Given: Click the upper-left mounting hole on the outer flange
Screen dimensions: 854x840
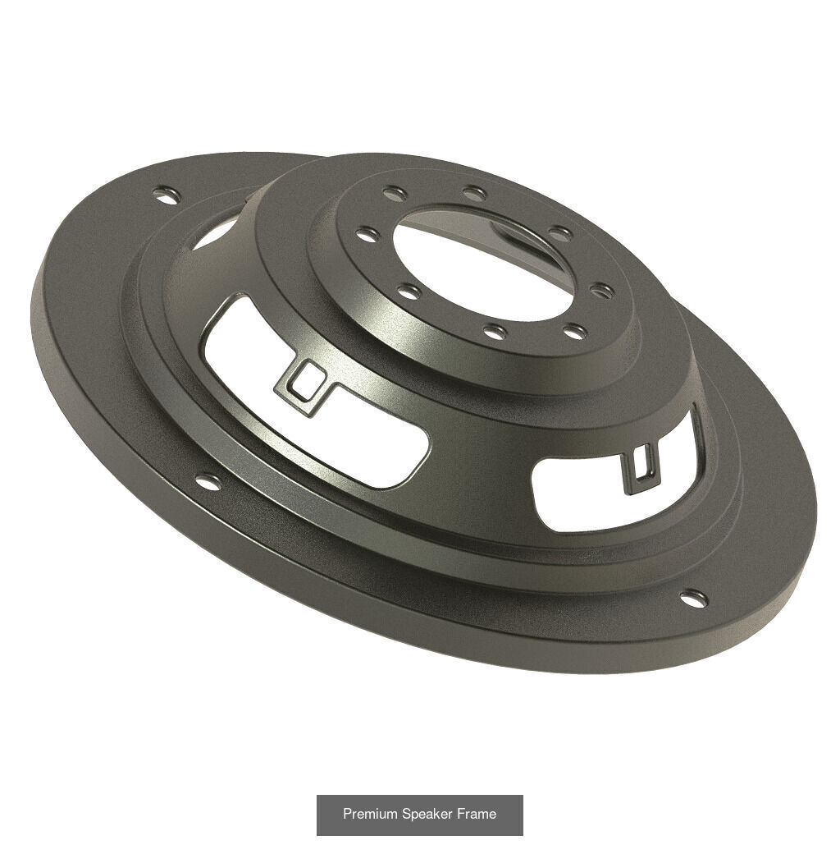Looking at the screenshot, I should coord(167,195).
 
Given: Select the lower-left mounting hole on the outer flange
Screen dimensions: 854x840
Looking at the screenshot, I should coord(208,482).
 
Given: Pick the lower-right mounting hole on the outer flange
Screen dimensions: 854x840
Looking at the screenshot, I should coord(693,599).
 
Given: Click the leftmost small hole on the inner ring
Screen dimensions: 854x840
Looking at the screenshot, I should coord(368,235).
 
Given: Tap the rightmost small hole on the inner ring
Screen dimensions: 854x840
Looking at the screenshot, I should coord(601,290).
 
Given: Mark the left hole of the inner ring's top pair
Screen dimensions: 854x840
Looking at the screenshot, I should coord(395,194).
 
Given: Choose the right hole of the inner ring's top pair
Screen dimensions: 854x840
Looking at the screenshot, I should coord(474,194).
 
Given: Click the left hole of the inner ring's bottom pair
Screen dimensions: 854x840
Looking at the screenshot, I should coord(495,331).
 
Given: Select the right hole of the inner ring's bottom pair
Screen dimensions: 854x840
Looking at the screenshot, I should coord(576,332).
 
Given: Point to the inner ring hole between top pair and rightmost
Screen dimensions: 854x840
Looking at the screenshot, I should coord(560,233).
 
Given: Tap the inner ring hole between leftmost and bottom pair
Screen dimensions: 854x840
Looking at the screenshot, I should coord(409,291).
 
